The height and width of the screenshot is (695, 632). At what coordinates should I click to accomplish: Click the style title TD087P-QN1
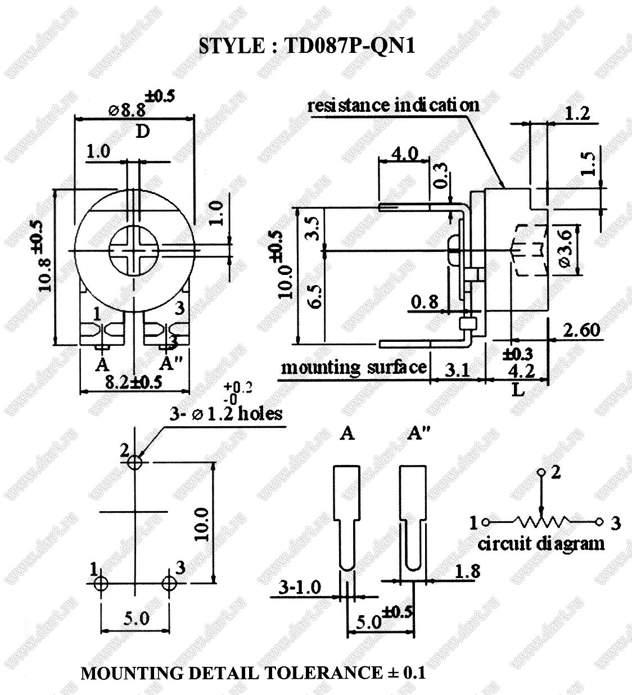tap(307, 46)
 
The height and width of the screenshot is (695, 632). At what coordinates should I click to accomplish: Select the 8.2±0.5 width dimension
tap(134, 382)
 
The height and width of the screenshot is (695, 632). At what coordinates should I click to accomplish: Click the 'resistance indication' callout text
tap(393, 105)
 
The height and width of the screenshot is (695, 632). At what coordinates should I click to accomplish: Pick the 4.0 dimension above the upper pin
tap(404, 154)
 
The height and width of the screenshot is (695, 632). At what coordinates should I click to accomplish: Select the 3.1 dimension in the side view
tap(457, 370)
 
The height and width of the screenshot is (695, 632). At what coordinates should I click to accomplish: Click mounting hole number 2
tap(135, 462)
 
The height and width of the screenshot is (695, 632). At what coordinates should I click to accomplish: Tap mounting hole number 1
tap(101, 583)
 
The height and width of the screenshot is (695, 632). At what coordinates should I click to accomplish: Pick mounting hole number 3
tap(169, 583)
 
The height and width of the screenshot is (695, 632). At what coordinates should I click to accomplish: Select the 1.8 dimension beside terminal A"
tap(467, 572)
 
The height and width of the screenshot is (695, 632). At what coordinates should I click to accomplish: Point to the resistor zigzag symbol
tap(540, 522)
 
